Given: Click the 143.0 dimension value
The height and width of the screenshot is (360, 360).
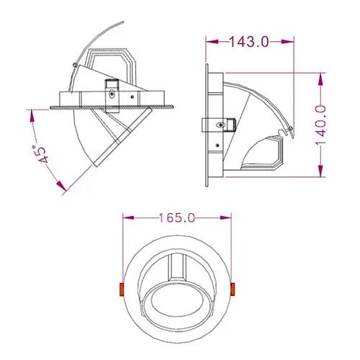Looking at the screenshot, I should [249, 42].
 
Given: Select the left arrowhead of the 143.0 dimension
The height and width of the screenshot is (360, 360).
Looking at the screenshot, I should [208, 42].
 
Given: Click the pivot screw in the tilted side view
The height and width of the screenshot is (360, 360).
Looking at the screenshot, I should [111, 91].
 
